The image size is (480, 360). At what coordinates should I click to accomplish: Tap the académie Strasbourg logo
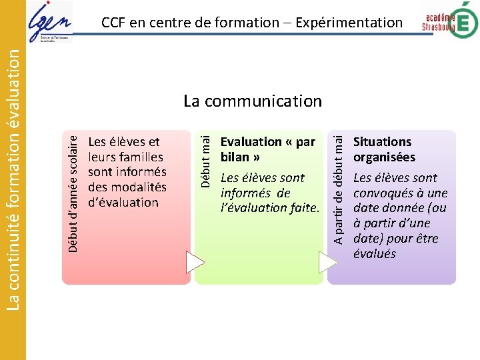coord(450,20)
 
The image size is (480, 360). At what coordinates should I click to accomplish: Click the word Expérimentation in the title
coord(349,23)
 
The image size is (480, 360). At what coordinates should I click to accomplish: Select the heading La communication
coord(253,101)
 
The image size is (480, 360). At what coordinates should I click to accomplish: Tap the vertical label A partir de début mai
coord(339,187)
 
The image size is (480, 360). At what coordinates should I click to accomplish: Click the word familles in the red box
coord(140,157)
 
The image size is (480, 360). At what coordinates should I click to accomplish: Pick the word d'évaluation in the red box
coord(123,203)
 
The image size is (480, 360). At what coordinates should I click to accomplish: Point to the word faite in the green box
coord(301,207)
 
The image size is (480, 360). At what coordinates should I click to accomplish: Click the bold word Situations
coord(382,142)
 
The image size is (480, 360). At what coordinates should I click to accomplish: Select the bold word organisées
coord(384,157)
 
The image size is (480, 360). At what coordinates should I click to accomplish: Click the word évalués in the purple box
coord(374,253)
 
